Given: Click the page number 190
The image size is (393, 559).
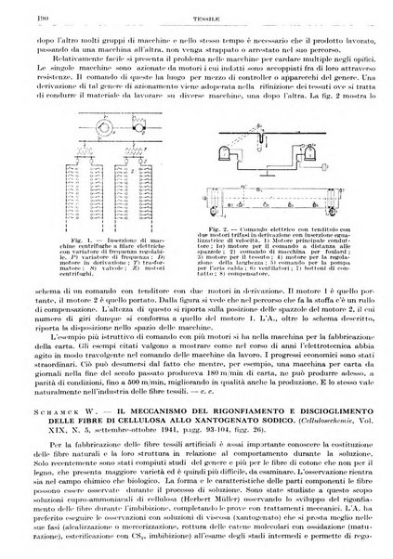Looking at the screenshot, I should (x=17, y=7).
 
